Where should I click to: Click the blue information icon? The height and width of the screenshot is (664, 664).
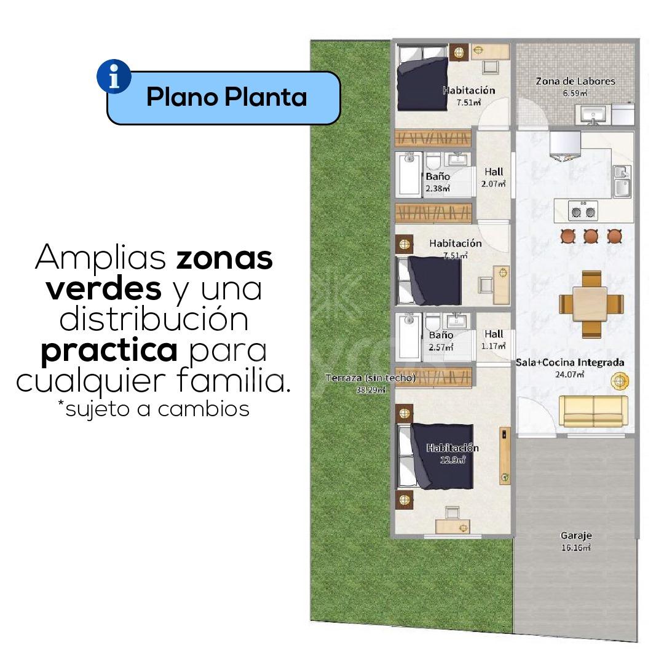[114, 76]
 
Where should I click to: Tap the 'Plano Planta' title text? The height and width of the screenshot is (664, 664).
[226, 97]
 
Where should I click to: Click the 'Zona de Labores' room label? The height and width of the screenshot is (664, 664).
[575, 81]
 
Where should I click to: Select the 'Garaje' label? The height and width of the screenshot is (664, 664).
[576, 536]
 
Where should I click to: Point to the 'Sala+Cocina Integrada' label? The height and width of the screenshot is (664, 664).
[570, 363]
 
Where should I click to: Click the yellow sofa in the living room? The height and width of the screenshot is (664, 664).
[593, 411]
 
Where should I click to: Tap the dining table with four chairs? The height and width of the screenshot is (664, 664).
[591, 304]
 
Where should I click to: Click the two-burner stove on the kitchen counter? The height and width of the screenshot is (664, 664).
[583, 210]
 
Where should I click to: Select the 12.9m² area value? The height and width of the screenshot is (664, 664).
[453, 459]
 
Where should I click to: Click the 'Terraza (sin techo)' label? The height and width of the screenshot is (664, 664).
[371, 377]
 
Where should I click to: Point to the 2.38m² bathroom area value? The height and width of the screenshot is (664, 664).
[438, 189]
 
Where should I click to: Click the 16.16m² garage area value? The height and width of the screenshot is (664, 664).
[576, 548]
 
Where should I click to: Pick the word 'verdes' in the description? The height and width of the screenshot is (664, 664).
[104, 289]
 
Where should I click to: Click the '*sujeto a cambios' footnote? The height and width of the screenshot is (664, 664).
[153, 409]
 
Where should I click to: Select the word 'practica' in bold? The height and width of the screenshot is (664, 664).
[109, 350]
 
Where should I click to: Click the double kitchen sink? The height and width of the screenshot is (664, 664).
[622, 181]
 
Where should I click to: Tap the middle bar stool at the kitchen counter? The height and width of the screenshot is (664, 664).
[591, 235]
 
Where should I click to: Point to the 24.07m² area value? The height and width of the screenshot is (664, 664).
[569, 374]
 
